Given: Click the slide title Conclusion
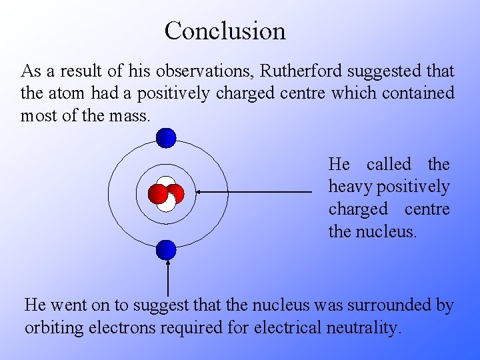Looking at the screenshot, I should click(x=225, y=31).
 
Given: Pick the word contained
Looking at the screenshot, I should click(x=418, y=93).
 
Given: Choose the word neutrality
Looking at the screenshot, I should click(x=363, y=328).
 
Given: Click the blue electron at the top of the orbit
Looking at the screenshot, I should click(x=166, y=138).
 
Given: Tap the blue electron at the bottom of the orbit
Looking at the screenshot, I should click(x=166, y=250).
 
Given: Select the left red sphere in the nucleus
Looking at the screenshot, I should click(x=158, y=193).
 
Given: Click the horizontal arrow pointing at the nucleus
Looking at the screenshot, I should click(x=253, y=192).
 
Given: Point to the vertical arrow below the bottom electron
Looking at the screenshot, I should click(x=167, y=279).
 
